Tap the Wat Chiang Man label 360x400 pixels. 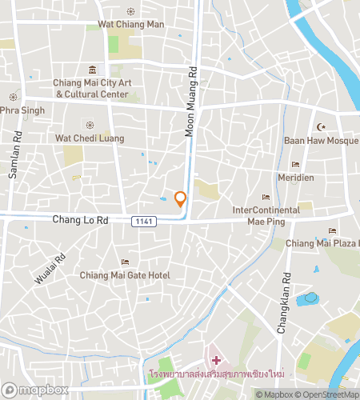point(130,25)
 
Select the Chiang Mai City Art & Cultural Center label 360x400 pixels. point(91,88)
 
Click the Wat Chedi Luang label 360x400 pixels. point(90,138)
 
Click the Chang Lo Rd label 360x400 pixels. point(78,218)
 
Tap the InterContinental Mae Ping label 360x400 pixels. point(266,215)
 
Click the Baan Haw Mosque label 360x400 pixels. point(320,141)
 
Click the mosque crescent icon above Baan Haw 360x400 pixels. point(323,127)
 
